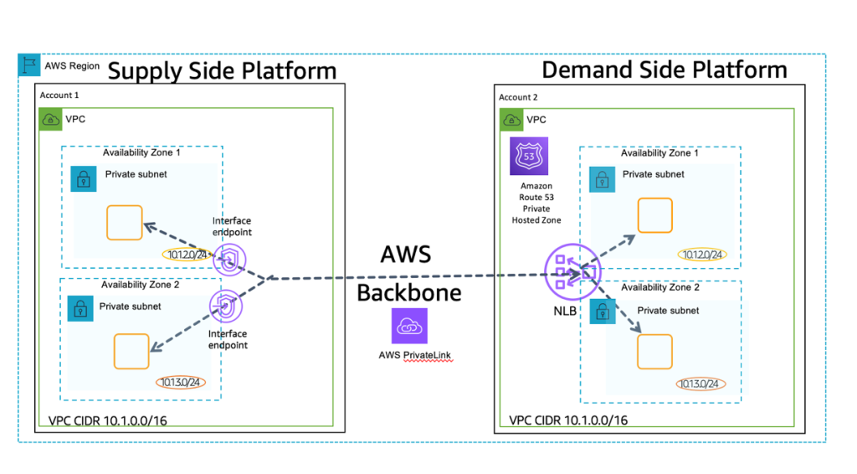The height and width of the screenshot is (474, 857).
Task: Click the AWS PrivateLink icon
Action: point(408,326)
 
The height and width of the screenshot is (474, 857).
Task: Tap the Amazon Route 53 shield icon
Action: point(528,156)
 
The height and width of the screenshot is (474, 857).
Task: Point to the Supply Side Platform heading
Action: point(222,71)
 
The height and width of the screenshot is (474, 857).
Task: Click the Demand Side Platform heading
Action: point(665,69)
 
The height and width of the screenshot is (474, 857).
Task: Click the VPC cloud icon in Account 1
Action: point(52,120)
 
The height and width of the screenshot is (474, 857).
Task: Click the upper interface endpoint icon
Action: point(228,261)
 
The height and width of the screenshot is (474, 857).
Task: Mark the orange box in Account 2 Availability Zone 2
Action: point(654,351)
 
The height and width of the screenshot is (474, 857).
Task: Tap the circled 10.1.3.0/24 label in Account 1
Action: point(180,383)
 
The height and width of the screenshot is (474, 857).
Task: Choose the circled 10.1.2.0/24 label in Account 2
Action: point(700,255)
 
